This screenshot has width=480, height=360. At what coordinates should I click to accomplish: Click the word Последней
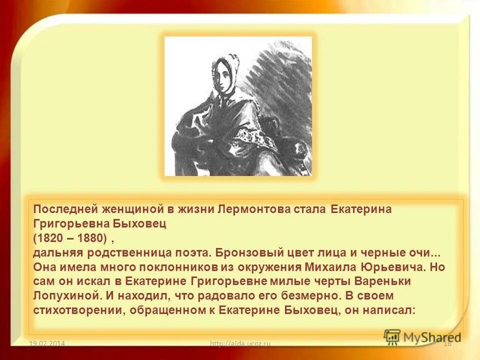[60, 209]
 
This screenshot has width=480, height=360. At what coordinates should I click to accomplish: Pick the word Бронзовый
[230, 253]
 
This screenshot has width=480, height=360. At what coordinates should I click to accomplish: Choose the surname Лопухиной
[64, 296]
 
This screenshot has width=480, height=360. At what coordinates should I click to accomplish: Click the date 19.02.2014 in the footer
[47, 343]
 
